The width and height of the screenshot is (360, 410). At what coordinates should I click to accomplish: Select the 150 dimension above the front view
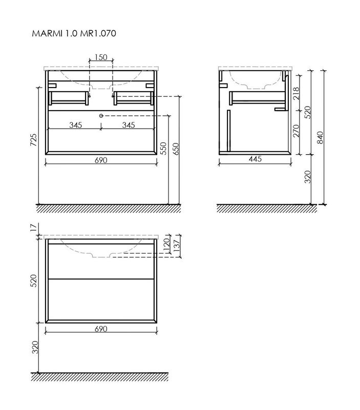pyautogui.click(x=101, y=57)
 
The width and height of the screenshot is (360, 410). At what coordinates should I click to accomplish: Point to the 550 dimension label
pyautogui.click(x=163, y=148)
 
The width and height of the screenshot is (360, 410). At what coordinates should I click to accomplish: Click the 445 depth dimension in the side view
pyautogui.click(x=255, y=159)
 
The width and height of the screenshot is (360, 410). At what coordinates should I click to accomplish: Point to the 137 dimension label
pyautogui.click(x=177, y=247)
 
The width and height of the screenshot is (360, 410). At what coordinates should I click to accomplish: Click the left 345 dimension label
pyautogui.click(x=77, y=125)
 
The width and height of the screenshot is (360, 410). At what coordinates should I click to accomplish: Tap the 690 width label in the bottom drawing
pyautogui.click(x=100, y=329)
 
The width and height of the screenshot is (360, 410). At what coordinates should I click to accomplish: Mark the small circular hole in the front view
pyautogui.click(x=101, y=115)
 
